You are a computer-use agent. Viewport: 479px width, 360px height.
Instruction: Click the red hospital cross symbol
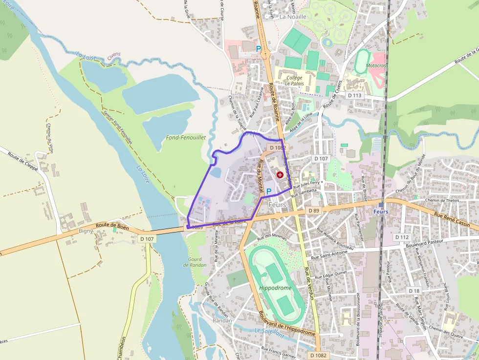click(280, 174)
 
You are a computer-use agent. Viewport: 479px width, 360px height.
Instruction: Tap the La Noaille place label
click(293, 17)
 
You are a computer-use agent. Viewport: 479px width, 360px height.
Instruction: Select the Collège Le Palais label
click(294, 81)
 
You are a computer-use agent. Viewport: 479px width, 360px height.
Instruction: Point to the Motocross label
click(376, 65)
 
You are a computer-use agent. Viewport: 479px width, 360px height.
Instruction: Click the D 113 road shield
click(354, 95)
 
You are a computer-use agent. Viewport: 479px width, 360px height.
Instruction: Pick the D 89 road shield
click(314, 210)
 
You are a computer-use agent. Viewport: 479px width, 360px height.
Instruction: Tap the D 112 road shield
click(401, 237)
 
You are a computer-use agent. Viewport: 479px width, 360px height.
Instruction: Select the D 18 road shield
click(414, 291)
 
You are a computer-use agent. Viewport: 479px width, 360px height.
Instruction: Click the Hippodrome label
click(275, 288)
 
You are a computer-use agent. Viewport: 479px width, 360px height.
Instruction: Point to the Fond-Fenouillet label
click(186, 138)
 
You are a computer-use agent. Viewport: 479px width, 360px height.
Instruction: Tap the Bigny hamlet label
click(86, 231)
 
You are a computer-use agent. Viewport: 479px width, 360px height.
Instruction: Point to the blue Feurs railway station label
click(381, 212)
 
